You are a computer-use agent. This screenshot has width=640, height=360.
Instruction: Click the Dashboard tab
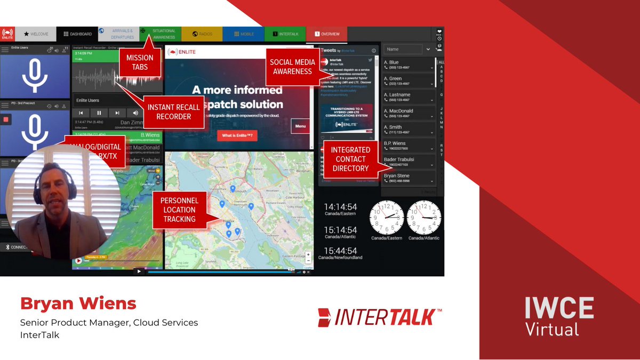click(x=77, y=34)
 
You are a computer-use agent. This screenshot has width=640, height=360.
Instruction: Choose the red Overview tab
click(x=326, y=34)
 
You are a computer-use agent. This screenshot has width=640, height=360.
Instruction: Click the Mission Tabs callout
click(x=140, y=62)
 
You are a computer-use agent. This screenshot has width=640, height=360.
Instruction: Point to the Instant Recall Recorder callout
click(x=173, y=112)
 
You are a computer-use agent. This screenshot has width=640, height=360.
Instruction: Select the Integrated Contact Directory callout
click(x=350, y=159)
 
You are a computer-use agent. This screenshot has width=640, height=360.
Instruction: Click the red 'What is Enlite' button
click(x=237, y=136)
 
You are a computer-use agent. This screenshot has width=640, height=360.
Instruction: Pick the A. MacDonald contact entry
click(x=409, y=113)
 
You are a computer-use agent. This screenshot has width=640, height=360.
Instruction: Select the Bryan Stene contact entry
click(x=409, y=178)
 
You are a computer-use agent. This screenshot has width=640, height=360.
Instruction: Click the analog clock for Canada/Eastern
click(x=387, y=217)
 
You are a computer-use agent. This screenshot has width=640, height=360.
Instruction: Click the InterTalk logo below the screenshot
click(x=379, y=317)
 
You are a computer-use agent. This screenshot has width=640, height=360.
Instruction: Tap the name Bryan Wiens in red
click(x=78, y=304)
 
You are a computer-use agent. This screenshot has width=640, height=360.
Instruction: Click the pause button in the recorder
click(x=99, y=113)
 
